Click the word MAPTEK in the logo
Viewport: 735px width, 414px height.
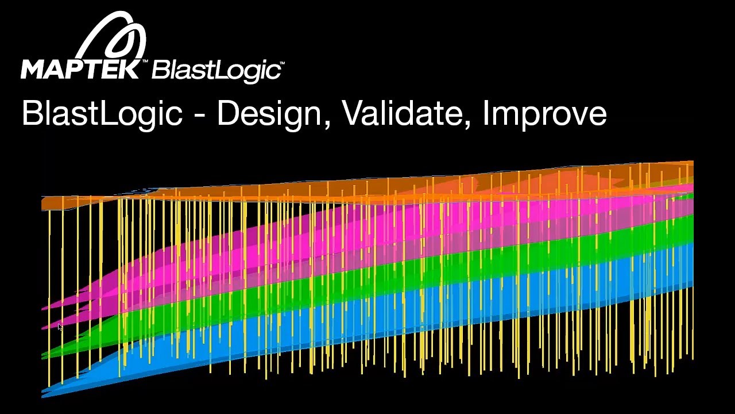coord(80,69)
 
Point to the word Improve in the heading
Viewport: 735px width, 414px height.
coord(544,114)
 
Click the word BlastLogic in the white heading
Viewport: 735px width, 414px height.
coord(102,114)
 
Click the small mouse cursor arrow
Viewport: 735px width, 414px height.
coord(60,327)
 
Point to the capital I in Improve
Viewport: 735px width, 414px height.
coord(486,113)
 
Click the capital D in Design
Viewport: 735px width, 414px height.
coord(227,113)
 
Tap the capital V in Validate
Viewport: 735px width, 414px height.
coord(352,113)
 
